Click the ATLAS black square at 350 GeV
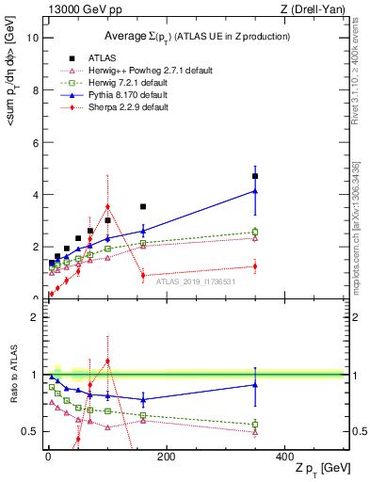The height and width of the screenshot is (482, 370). pos(255,176)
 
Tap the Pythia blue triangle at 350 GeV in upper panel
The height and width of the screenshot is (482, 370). pos(255,191)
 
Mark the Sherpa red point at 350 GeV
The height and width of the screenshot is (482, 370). pos(255,266)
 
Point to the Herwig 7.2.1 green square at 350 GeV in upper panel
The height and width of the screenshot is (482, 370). pos(255,232)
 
